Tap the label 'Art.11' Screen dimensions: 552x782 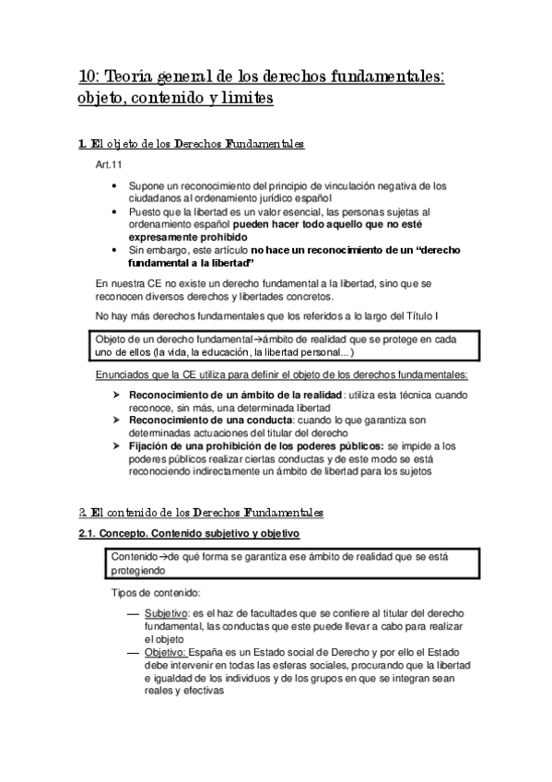pos(109,164)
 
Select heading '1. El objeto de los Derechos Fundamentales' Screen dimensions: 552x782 pos(192,145)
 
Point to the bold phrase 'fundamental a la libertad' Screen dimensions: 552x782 pos(190,263)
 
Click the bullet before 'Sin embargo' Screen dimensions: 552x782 pos(113,250)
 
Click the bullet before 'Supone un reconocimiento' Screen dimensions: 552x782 pos(113,185)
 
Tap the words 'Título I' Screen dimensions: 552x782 pos(431,316)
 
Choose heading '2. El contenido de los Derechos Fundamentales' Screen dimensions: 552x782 pos(200,512)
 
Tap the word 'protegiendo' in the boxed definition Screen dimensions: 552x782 pos(139,571)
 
